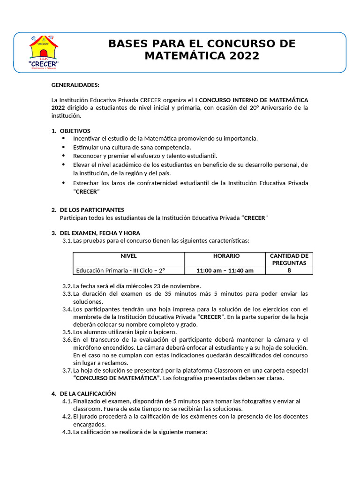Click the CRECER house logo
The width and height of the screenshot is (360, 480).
[x=44, y=52]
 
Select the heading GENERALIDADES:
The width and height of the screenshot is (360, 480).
[x=75, y=85]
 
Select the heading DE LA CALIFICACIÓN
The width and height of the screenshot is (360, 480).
[x=88, y=393]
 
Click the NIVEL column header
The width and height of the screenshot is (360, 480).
[x=128, y=256]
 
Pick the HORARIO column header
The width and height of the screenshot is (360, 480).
[x=226, y=256]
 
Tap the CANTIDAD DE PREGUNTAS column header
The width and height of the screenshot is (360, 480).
[x=289, y=259]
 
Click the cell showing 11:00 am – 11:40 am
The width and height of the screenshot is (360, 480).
[x=225, y=270]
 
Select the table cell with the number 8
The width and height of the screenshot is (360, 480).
[x=289, y=270]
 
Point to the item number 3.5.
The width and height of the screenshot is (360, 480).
[x=67, y=332]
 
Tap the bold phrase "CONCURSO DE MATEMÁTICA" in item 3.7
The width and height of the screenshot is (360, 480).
[x=116, y=378]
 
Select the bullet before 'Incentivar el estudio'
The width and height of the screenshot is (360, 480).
[x=64, y=139]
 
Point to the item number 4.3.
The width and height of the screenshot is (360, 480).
[x=67, y=432]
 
